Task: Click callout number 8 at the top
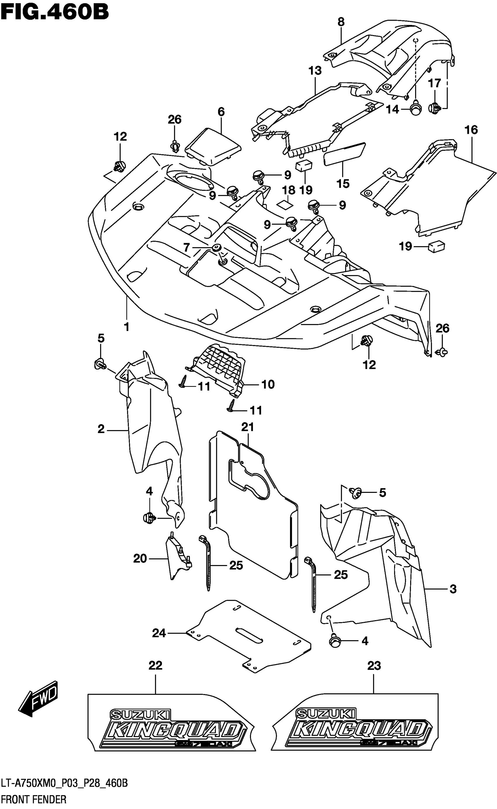(341, 22)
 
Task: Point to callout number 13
(315, 71)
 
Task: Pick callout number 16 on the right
(471, 130)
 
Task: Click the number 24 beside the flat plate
(159, 633)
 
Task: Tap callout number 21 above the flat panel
(248, 427)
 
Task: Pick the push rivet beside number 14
(416, 109)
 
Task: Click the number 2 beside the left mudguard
(101, 429)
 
